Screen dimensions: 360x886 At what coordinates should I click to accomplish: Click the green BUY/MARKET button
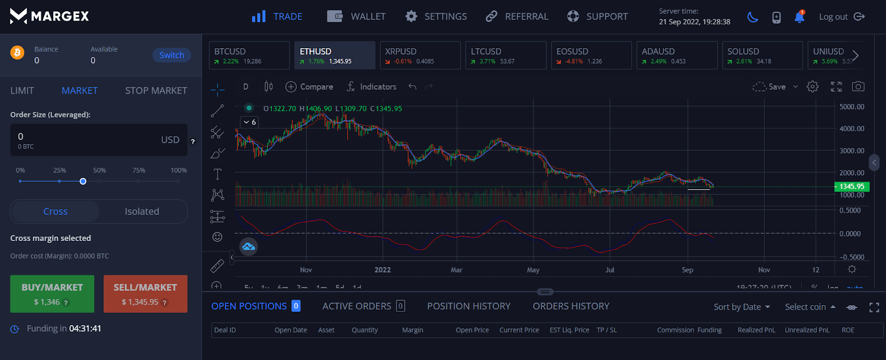click(52, 294)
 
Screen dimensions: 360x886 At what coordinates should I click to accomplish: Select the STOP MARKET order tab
click(156, 90)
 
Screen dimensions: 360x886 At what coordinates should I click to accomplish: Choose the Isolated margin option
click(142, 212)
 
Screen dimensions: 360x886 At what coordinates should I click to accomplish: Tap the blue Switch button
click(172, 55)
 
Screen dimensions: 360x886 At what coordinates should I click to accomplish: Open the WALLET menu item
click(357, 17)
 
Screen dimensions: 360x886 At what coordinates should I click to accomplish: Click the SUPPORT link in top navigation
click(597, 17)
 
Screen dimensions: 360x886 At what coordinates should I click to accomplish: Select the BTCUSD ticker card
click(249, 55)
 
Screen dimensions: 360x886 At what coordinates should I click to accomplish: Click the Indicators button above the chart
click(372, 86)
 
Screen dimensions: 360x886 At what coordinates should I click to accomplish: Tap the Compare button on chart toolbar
click(310, 86)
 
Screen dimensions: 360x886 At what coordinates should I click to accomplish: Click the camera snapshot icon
click(858, 86)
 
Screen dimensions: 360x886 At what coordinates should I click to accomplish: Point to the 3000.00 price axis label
click(852, 151)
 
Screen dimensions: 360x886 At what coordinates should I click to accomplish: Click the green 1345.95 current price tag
click(852, 187)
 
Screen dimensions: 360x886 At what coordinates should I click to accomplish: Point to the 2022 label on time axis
click(383, 270)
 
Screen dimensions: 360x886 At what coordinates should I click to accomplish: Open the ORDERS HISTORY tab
click(571, 306)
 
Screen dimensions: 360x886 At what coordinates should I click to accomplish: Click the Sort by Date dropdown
click(741, 307)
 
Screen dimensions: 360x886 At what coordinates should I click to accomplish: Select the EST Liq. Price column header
click(569, 330)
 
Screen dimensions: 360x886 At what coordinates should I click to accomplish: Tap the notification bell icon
click(799, 17)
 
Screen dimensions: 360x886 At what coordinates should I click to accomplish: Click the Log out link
click(841, 17)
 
